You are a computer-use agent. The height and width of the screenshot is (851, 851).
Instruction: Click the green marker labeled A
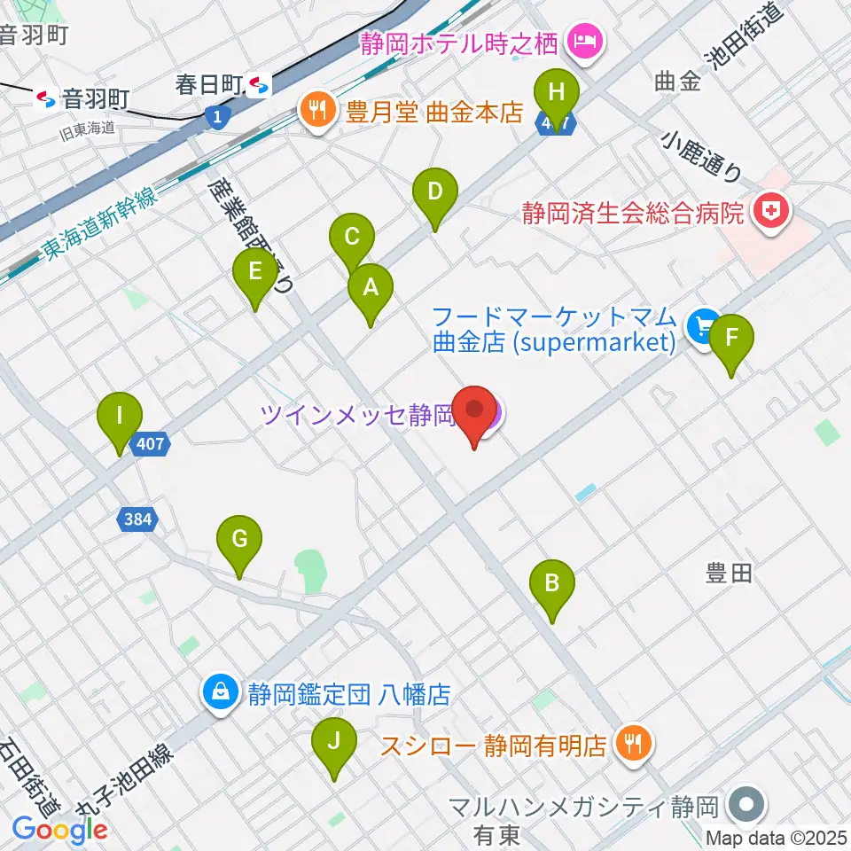point(370,288)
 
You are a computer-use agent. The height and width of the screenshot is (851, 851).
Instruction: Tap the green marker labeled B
point(551,583)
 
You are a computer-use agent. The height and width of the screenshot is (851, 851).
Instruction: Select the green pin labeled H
point(557,92)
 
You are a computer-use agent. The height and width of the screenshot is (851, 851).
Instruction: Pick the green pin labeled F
point(731,338)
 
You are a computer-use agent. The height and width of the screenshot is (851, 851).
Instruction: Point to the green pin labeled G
point(238,539)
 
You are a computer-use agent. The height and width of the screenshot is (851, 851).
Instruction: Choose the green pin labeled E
point(255,272)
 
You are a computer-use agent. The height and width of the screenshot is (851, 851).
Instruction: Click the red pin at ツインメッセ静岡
point(476,410)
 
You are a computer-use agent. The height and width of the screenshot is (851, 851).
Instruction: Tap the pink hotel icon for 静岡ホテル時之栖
point(585,40)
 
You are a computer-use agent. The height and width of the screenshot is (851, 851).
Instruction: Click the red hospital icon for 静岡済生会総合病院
point(761,212)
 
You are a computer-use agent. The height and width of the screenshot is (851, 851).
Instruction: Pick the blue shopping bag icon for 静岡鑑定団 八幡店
point(218,692)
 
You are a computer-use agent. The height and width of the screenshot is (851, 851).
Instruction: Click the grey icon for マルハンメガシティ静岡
point(745,806)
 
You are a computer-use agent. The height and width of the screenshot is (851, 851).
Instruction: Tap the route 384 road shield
point(137,519)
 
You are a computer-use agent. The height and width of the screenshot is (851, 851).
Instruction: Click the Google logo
point(59,829)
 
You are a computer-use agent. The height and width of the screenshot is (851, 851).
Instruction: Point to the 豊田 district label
point(729,574)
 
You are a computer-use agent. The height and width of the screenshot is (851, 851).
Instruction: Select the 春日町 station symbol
point(260,85)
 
